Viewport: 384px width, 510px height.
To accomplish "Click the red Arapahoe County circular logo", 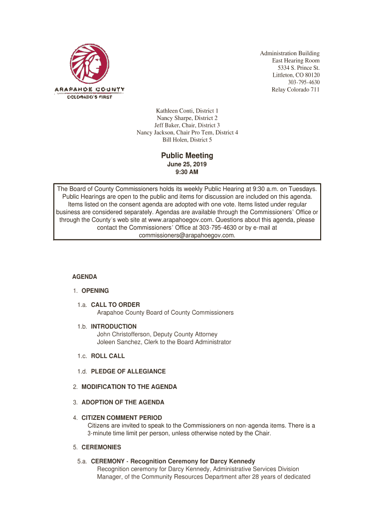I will (x=89, y=64).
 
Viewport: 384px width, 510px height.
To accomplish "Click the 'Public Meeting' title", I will (x=187, y=156).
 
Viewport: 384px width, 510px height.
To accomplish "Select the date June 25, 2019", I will (x=187, y=164).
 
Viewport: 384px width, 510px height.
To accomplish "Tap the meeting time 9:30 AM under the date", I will (x=187, y=172).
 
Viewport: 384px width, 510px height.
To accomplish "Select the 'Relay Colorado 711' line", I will (x=295, y=90).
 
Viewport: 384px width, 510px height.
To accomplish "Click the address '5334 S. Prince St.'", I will (x=299, y=68).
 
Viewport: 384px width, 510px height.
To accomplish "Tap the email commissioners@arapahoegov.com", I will (x=187, y=235).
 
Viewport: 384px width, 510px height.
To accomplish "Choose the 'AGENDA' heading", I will (x=85, y=276).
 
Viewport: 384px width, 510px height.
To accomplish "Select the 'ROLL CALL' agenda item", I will (x=108, y=356).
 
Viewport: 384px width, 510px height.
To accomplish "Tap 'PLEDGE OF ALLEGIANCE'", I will (x=128, y=372).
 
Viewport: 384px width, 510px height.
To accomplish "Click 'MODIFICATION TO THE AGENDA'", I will (x=129, y=387).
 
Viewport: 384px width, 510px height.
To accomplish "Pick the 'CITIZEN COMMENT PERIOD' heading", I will (x=122, y=418).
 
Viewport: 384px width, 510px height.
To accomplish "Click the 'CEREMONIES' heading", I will (x=101, y=447).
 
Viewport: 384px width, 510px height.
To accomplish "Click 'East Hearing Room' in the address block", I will (x=296, y=60).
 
